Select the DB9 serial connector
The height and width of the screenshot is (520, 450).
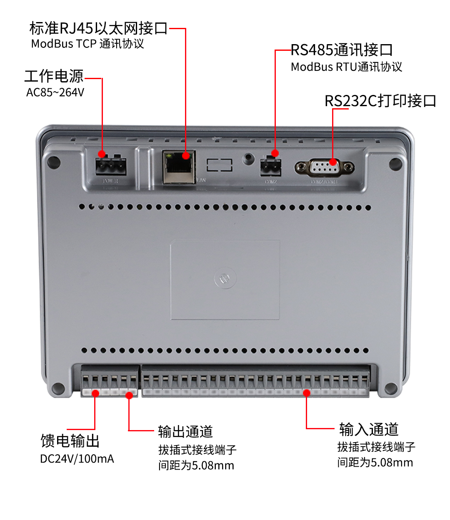[x=325, y=168]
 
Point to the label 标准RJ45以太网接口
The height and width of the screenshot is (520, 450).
[x=98, y=28]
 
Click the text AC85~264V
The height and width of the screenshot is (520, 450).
[x=55, y=92]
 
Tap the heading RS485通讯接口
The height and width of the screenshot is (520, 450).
[x=342, y=50]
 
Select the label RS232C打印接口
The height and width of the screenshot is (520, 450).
[x=380, y=101]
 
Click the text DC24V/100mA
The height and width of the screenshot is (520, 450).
[x=77, y=459]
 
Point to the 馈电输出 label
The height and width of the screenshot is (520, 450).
[x=70, y=440]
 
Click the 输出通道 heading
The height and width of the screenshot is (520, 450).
[x=185, y=432]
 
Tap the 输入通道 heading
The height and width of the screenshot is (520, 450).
[x=369, y=429]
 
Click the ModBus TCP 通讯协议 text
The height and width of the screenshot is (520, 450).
[x=87, y=44]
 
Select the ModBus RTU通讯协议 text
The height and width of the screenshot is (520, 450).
[x=346, y=67]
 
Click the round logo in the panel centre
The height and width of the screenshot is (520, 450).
[x=225, y=279]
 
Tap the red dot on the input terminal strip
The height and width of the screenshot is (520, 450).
[x=307, y=393]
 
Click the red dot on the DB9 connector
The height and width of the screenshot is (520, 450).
[x=332, y=162]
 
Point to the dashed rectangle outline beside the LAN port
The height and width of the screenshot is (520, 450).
[x=220, y=165]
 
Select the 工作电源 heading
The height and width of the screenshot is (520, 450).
[x=54, y=76]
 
